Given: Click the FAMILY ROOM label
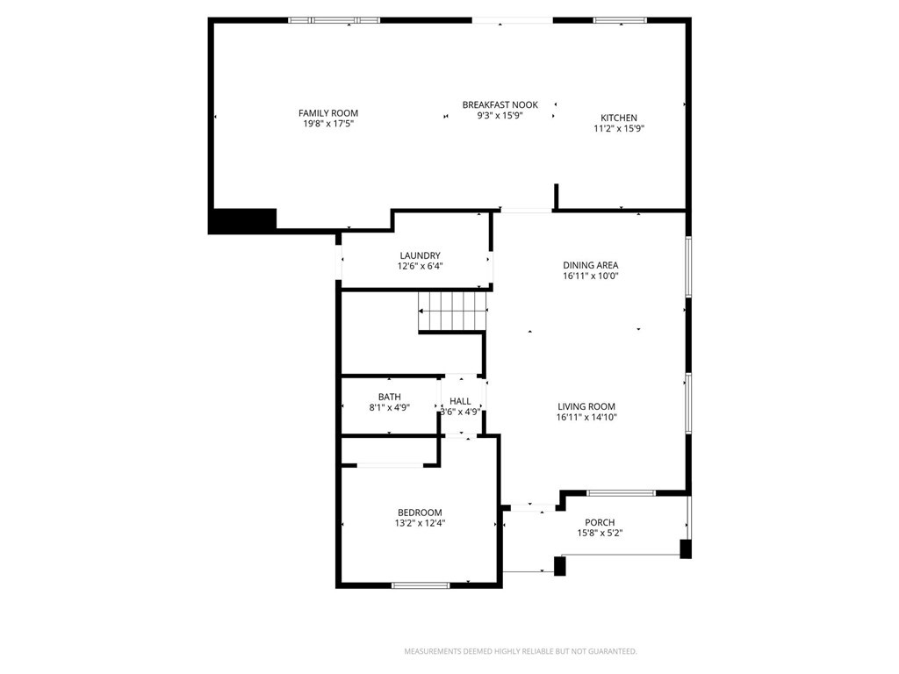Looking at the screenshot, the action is point(328,113).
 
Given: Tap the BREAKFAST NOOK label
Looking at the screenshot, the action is point(500,105).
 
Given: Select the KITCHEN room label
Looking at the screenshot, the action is point(619,118).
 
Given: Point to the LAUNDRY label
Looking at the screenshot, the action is point(421,255).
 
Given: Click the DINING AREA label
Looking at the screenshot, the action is point(591,265).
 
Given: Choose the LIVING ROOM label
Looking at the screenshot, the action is point(586,407).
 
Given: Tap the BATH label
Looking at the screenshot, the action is point(389,398).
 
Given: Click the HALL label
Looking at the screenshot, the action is point(460,402).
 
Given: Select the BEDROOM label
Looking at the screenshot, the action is point(421,513).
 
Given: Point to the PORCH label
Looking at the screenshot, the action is point(600,523).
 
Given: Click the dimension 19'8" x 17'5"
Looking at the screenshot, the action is point(328,124).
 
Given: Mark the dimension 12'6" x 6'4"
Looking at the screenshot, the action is point(421,266).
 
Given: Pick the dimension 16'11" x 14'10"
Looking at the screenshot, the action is point(586,417).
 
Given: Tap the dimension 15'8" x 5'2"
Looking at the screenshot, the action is point(600,533).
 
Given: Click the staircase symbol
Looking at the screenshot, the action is point(453,312).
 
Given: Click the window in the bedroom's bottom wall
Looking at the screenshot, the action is point(421,585).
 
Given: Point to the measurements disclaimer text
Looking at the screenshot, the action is point(521,652).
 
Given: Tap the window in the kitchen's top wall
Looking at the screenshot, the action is point(621,21).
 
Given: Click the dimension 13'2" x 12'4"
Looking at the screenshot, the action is point(421,523).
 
